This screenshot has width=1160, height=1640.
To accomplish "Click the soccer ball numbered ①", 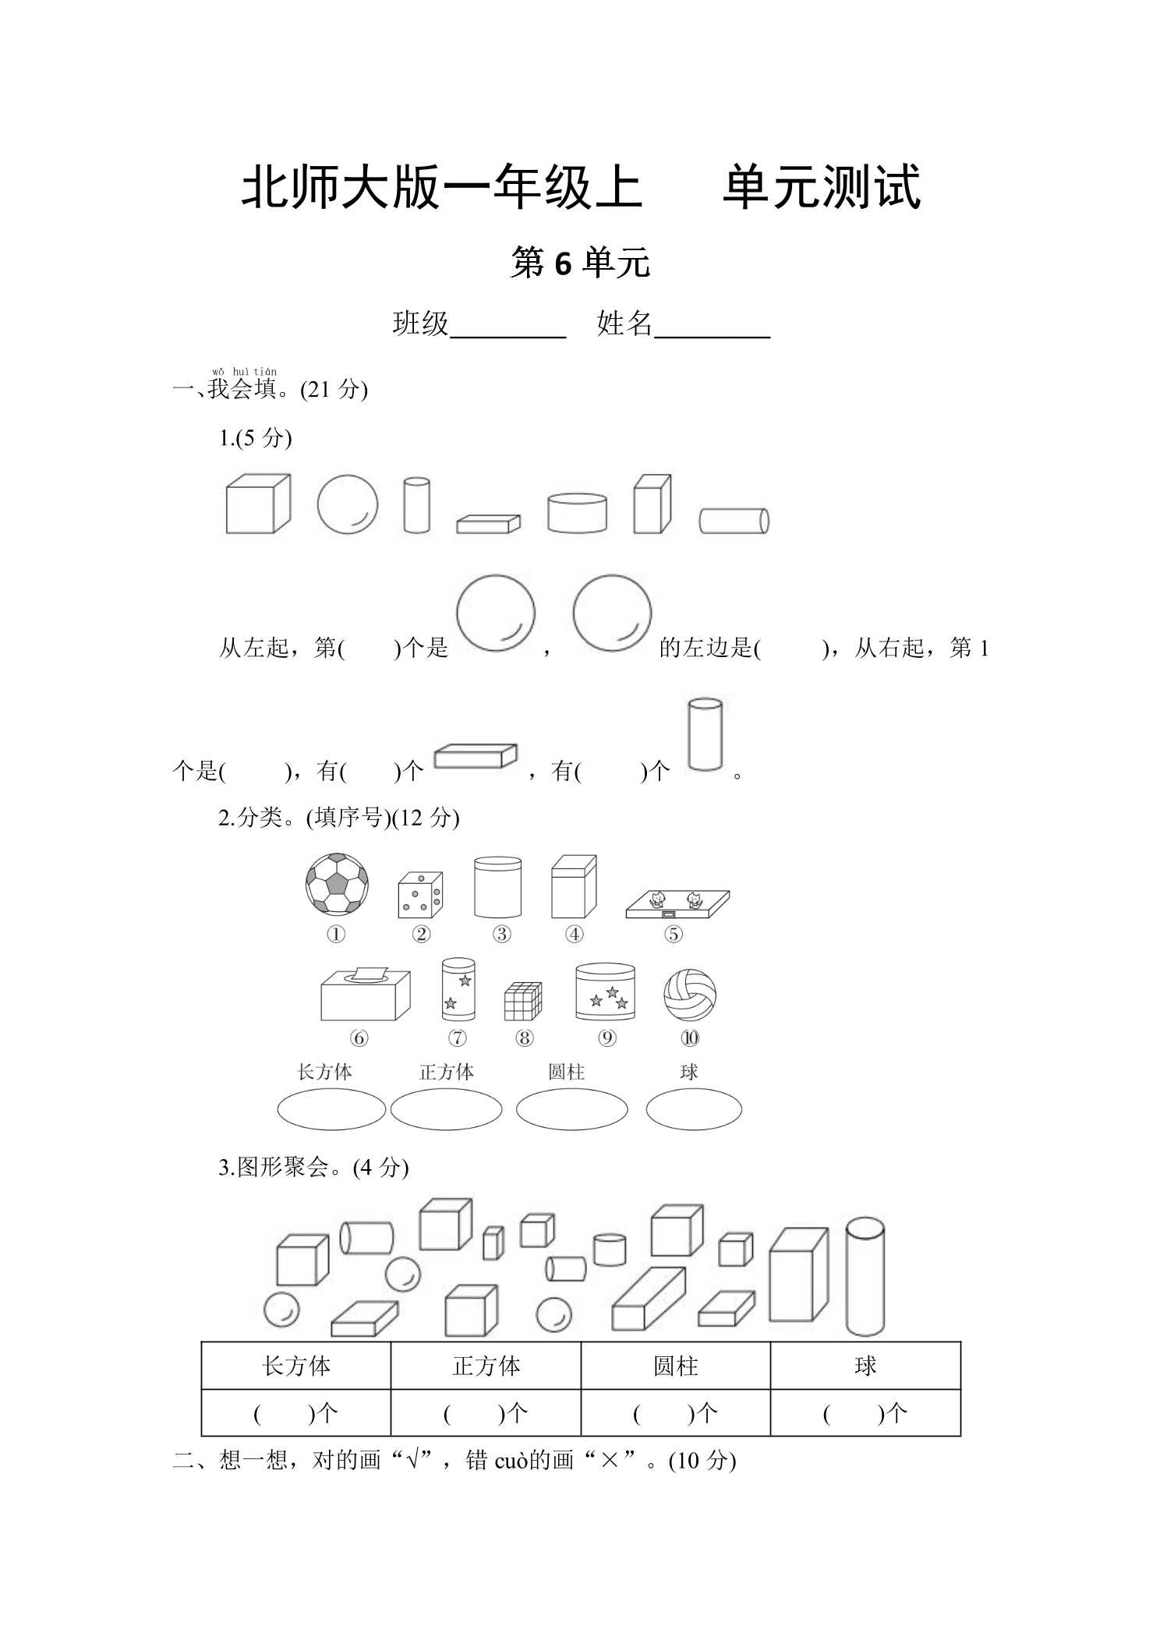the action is click(x=337, y=884).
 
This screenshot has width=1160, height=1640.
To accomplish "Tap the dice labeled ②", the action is click(x=420, y=895).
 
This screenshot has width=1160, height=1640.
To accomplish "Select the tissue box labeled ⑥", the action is click(x=366, y=994).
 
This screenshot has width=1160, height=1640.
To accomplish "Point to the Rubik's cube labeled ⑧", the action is click(x=523, y=1001).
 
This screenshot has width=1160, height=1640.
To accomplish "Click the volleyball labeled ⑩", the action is click(x=690, y=995).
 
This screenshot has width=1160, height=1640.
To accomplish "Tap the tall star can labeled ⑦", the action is click(x=458, y=989).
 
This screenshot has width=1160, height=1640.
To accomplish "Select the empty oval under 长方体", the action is click(x=331, y=1109).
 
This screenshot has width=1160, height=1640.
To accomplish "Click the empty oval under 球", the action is click(x=694, y=1109).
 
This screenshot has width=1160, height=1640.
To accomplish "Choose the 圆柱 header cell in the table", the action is click(x=676, y=1366).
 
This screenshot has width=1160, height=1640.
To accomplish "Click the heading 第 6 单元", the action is click(x=580, y=263).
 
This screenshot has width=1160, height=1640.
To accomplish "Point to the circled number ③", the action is click(x=501, y=934).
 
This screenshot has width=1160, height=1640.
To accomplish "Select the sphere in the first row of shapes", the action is click(x=348, y=505).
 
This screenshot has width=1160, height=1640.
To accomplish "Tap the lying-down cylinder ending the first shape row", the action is click(x=734, y=521).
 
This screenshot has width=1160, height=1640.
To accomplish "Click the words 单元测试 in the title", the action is click(x=822, y=187).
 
